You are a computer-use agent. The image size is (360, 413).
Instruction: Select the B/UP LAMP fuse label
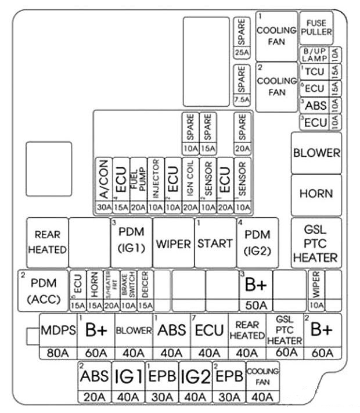[314, 55]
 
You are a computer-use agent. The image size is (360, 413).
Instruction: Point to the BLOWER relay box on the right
[316, 153]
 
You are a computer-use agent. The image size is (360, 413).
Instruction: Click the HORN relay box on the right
[316, 193]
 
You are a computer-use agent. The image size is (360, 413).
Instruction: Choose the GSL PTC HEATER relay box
[315, 243]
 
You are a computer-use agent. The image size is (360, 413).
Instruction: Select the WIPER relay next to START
[173, 244]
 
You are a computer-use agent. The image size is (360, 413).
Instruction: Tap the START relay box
[215, 243]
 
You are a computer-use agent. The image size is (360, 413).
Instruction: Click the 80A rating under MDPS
[58, 353]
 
